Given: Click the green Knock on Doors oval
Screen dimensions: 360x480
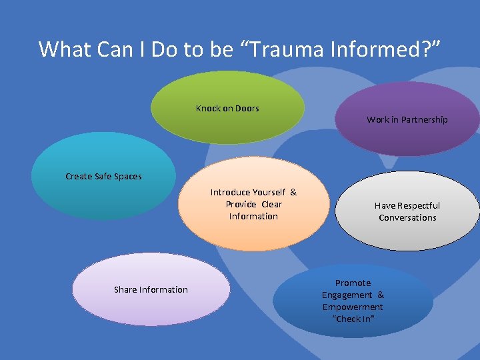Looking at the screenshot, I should tap(227, 123).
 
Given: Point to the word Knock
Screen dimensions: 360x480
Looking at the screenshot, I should tap(207, 108).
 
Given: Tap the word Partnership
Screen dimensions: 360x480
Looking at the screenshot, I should tap(424, 120).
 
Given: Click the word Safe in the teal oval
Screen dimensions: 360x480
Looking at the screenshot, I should tap(103, 177).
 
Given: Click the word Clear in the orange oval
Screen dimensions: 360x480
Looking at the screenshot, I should tap(272, 205).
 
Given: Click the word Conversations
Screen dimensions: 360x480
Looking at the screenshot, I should tap(407, 218).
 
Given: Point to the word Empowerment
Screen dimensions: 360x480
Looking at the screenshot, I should tap(353, 307).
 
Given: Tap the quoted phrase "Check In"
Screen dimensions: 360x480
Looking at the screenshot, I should tap(353, 319).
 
